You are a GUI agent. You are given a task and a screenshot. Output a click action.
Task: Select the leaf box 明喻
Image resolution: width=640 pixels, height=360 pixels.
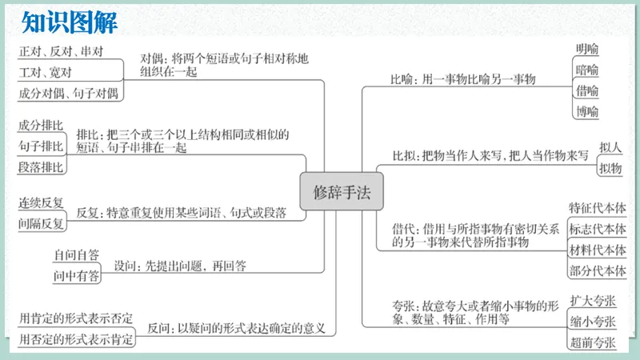point(586,49)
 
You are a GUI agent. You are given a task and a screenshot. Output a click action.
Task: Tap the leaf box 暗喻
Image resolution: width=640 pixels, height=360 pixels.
point(586,70)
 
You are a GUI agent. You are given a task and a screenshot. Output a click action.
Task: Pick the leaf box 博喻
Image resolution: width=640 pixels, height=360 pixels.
point(586,111)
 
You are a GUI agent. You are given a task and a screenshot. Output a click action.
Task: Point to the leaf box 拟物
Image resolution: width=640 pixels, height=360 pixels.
point(610,168)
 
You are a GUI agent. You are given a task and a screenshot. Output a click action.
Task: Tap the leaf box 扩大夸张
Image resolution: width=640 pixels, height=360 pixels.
point(593,301)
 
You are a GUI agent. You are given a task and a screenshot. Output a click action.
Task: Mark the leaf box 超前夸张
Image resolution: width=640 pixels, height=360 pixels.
point(593,342)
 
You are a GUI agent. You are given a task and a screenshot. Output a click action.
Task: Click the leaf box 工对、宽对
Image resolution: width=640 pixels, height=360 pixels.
point(46,73)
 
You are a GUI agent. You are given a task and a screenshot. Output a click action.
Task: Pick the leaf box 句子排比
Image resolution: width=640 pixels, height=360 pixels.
point(41,146)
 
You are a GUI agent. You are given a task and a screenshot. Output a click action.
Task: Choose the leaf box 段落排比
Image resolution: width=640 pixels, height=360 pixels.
point(41,166)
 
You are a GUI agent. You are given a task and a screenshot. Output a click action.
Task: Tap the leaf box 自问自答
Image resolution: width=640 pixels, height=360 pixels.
point(76,256)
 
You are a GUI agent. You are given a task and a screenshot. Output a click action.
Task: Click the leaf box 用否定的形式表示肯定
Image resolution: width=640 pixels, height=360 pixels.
point(76,340)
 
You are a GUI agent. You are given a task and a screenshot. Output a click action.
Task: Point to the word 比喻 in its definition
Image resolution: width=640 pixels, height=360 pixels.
point(402,79)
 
